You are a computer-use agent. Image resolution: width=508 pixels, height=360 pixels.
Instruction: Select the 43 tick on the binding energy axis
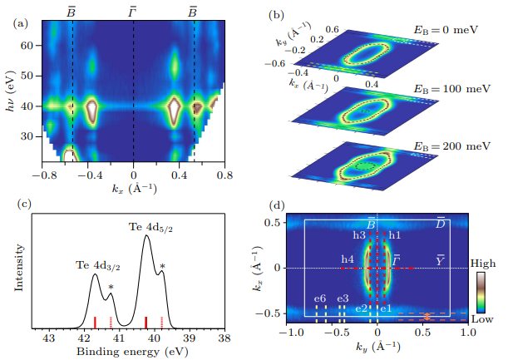[x=49, y=339]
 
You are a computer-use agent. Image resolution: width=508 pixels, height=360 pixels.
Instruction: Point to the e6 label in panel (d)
[x=319, y=298]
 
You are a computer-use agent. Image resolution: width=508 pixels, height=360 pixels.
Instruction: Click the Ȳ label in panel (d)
[x=440, y=260]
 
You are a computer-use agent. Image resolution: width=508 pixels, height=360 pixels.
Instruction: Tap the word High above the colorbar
[x=484, y=261]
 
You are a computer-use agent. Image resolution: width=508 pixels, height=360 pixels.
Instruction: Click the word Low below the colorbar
[x=484, y=318]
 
